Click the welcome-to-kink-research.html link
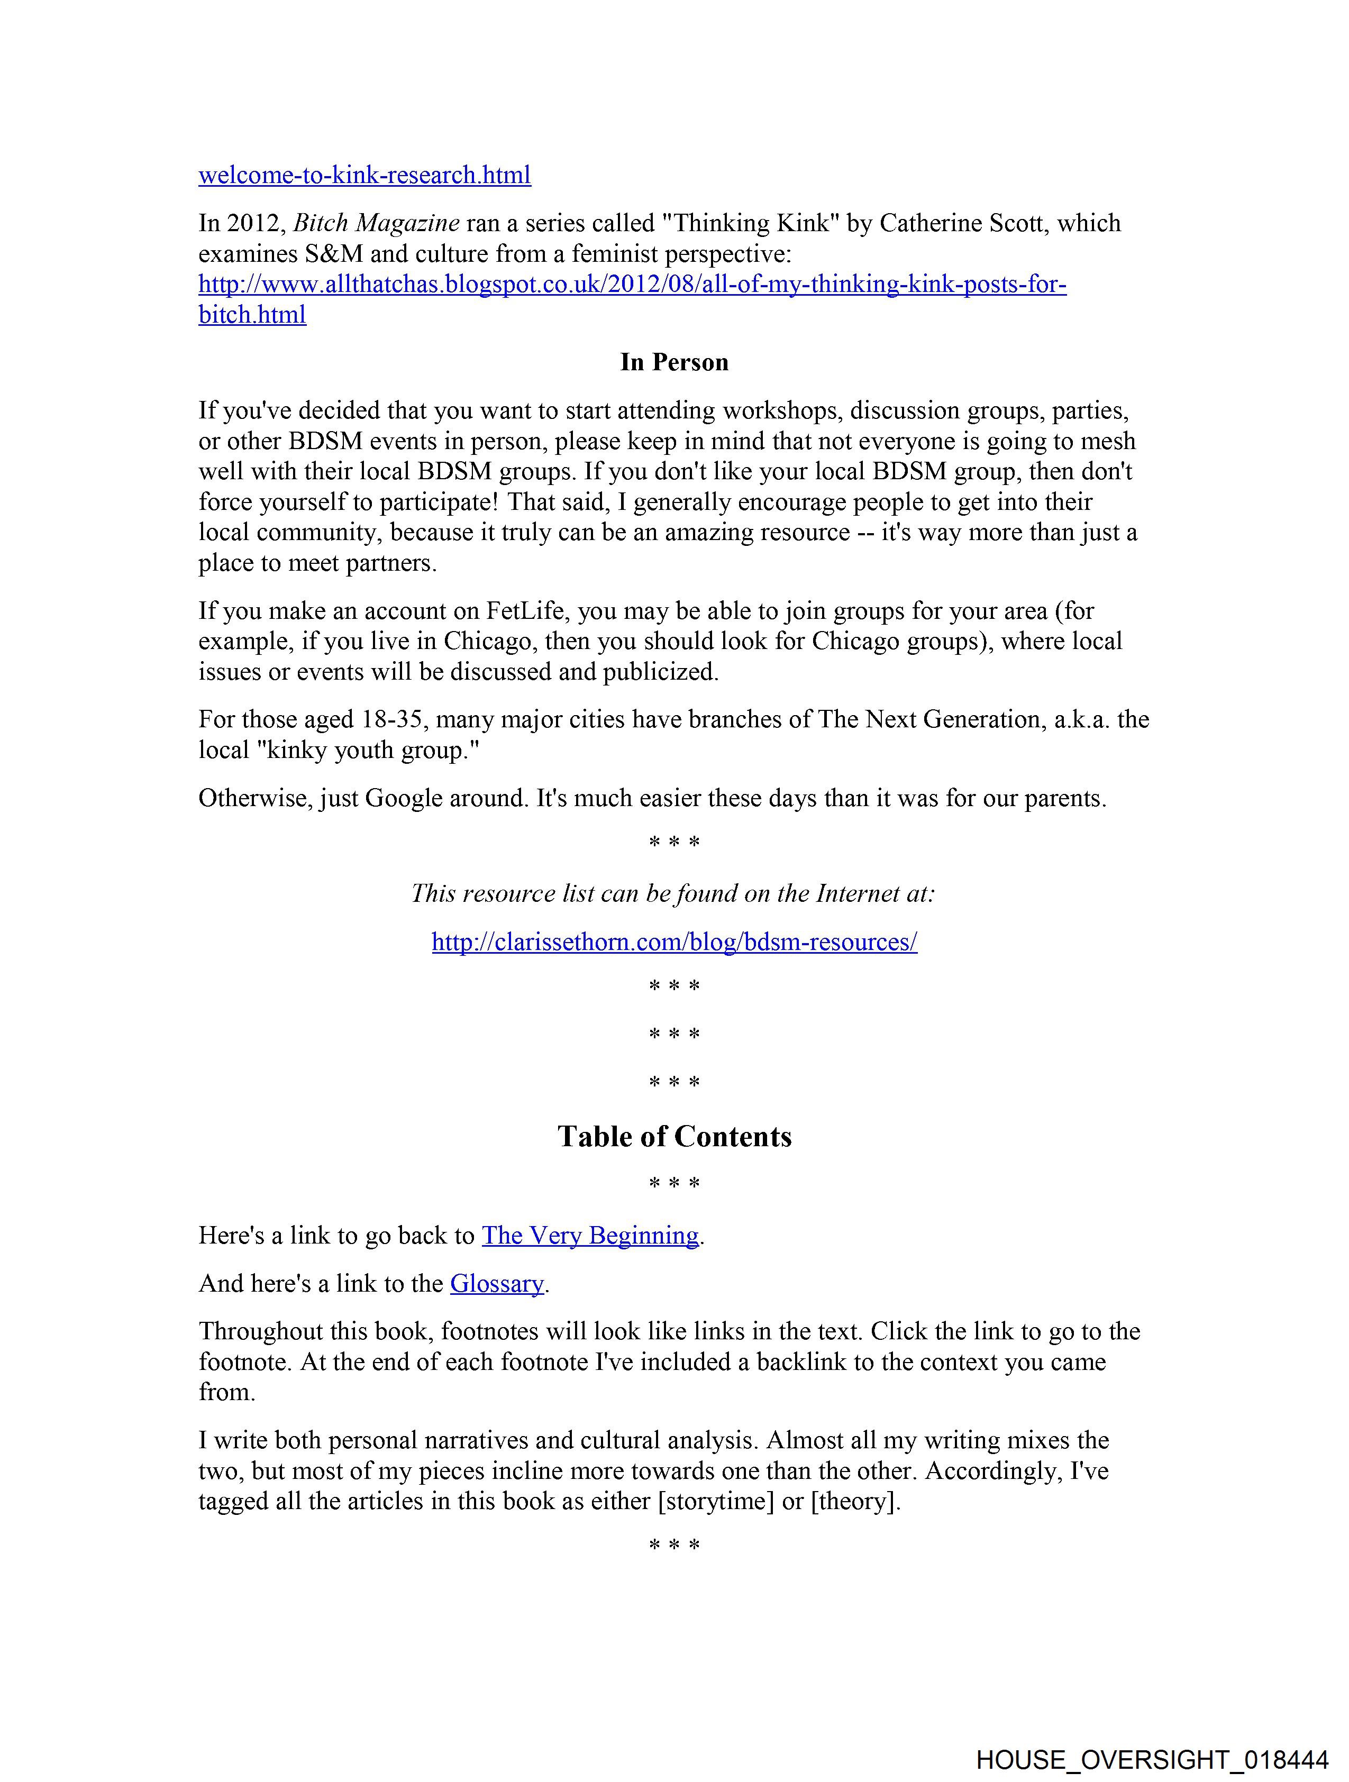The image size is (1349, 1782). coord(364,175)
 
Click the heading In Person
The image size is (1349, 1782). coord(673,362)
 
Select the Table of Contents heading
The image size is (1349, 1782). coord(673,1137)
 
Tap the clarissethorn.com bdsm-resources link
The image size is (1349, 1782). coord(673,942)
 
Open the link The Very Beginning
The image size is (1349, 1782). coord(590,1236)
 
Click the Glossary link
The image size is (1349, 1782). coord(496,1283)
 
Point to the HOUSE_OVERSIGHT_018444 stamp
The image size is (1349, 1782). coord(1152,1759)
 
